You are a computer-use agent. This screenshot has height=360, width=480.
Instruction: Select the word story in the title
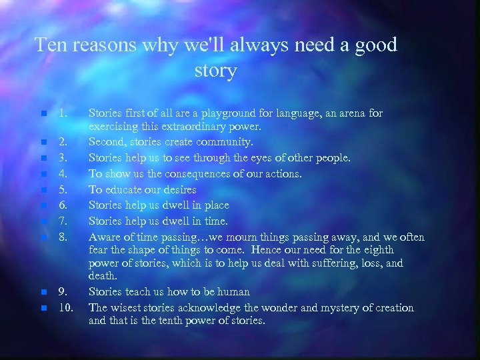pos(215,70)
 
